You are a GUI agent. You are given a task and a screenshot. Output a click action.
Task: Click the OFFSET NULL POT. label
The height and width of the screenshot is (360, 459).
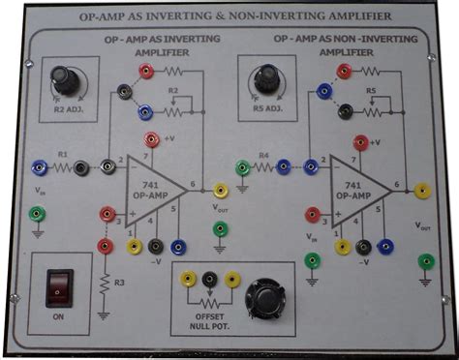point(209,320)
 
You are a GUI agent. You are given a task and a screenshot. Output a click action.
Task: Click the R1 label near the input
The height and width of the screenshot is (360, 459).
point(62,154)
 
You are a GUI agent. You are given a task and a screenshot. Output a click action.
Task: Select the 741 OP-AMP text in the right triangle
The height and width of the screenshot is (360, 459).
point(351,188)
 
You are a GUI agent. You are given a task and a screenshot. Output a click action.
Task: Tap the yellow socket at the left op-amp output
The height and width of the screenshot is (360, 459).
point(220,191)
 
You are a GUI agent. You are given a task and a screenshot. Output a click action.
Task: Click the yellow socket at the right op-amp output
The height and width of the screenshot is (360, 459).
point(422,191)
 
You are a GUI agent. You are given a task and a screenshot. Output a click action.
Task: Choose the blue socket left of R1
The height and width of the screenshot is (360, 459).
point(39,167)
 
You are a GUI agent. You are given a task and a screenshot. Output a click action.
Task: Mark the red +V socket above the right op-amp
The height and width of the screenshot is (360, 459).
point(360,143)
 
